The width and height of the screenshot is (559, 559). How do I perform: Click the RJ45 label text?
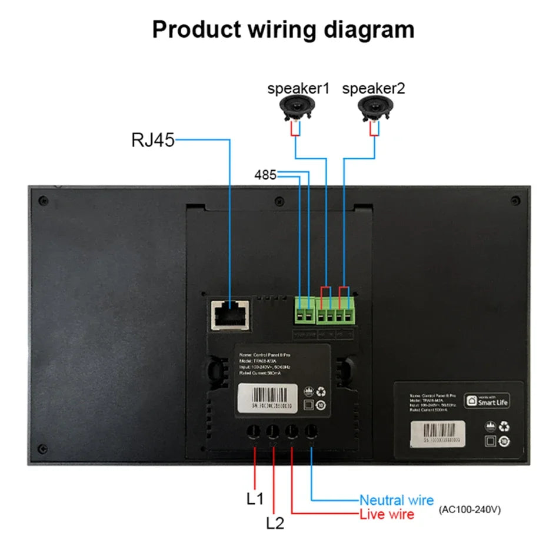coord(152,141)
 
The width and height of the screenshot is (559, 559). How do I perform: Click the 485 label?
coord(265,175)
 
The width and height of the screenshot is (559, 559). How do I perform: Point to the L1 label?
coord(255,499)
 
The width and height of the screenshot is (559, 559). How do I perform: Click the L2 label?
coord(275,523)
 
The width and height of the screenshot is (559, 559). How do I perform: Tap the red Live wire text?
coord(387,515)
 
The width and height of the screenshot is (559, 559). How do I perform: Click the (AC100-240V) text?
coord(470,510)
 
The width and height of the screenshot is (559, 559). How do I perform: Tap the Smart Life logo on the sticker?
coord(487,401)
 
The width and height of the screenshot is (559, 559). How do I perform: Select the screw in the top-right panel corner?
coord(515,201)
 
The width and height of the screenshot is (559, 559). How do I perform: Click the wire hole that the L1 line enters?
coord(254,431)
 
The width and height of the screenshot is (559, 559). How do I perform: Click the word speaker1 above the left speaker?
coord(298,89)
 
